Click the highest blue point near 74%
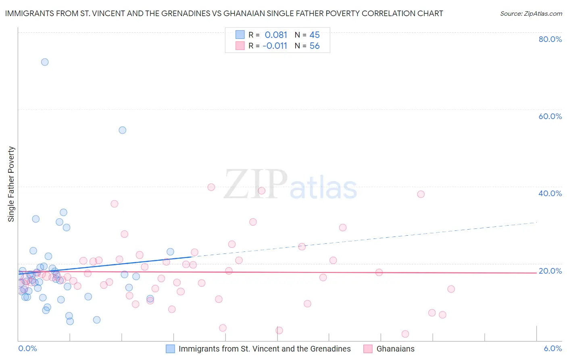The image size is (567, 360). pos(45,62)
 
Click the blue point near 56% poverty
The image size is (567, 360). pos(123,130)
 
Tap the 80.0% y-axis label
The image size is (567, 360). pos(550,39)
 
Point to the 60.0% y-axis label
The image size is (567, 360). pos(550,116)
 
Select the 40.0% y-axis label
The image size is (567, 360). pos(550,193)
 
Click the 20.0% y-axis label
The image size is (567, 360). pos(550,271)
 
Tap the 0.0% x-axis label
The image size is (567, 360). pos(27,349)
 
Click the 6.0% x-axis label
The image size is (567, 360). pos(553,349)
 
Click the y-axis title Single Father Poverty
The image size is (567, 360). pos(11,184)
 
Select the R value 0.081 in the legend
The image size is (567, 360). pos(276,35)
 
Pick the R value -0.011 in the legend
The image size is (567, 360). pos(275,46)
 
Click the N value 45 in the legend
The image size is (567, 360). pos(315,35)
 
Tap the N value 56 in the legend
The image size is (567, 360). pos(315,46)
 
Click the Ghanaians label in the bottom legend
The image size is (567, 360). pos(395,349)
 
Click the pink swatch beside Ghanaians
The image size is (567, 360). pos(368,349)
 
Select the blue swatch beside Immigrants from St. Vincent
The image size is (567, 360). pos(171,349)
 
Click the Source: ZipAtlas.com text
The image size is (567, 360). pos(531,14)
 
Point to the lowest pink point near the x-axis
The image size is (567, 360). pos(405,334)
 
